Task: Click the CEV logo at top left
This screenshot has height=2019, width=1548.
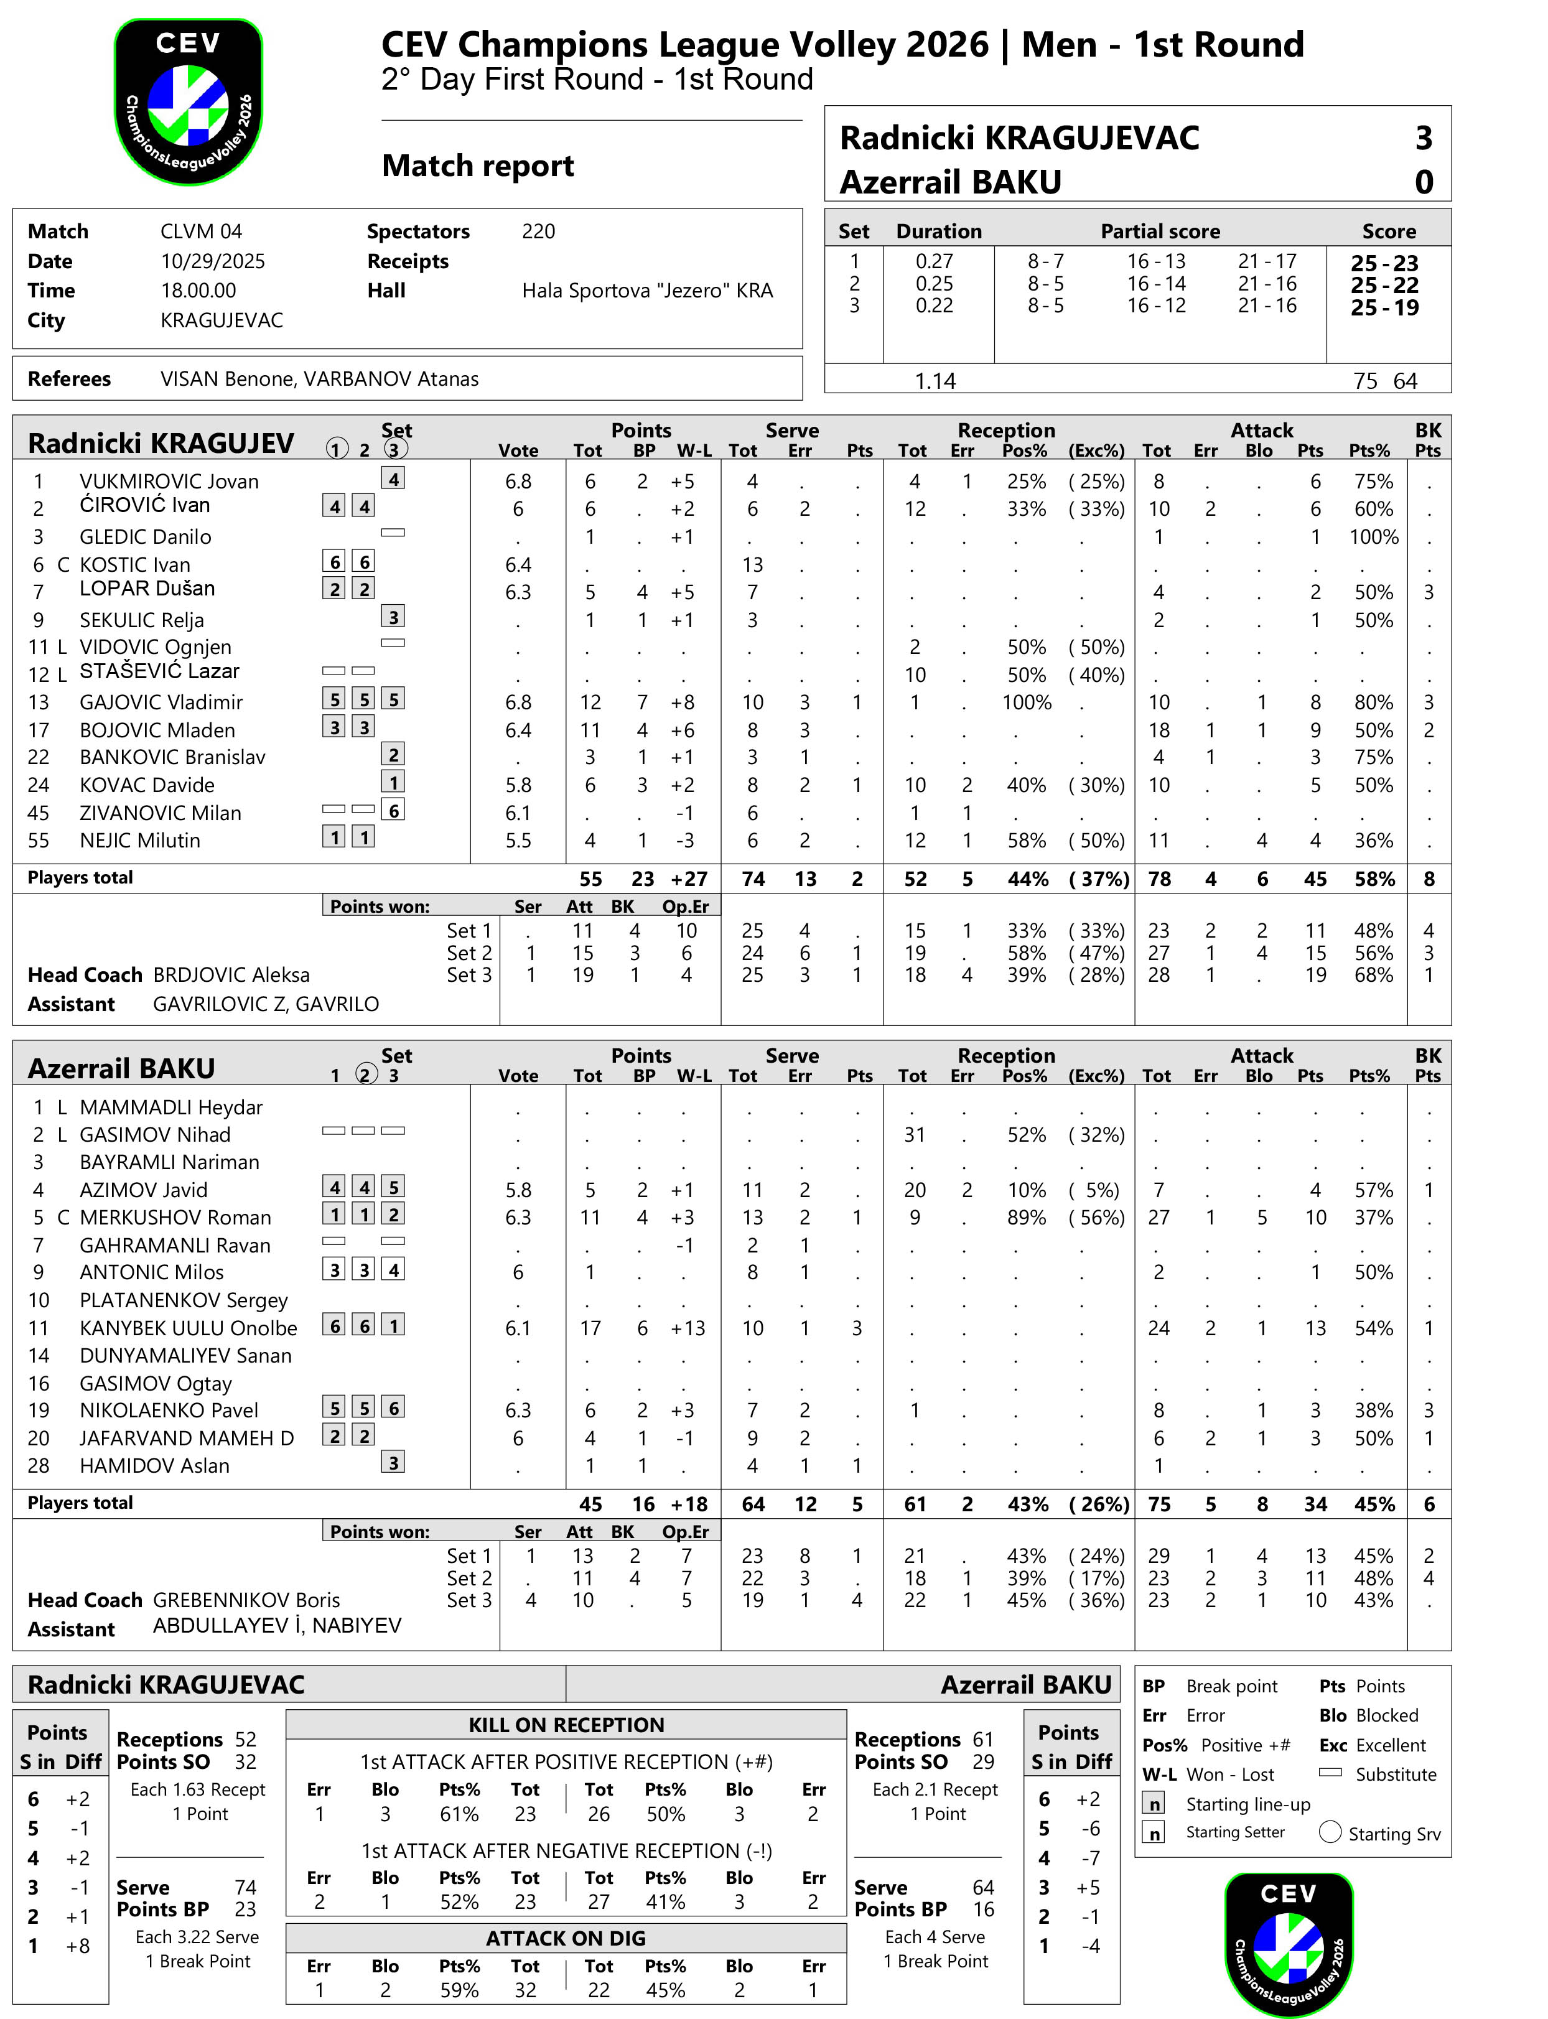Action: pyautogui.click(x=189, y=101)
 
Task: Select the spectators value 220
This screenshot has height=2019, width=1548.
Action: pyautogui.click(x=538, y=231)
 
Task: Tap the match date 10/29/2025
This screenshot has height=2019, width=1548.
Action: pyautogui.click(x=213, y=261)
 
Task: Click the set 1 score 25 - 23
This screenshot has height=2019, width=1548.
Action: pyautogui.click(x=1384, y=263)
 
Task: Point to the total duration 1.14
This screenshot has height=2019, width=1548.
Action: pyautogui.click(x=935, y=381)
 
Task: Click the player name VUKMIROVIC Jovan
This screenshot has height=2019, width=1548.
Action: pyautogui.click(x=169, y=481)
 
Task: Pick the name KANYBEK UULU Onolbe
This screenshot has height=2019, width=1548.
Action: pyautogui.click(x=188, y=1328)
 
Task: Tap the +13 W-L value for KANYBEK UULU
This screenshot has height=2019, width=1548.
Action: pyautogui.click(x=688, y=1328)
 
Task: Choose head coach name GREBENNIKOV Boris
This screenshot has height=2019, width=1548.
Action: pyautogui.click(x=246, y=1600)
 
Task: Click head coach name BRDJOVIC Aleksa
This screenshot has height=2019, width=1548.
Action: pyautogui.click(x=231, y=975)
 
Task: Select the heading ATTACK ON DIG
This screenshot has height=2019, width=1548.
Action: pyautogui.click(x=566, y=1938)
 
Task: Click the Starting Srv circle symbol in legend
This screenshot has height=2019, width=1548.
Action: pyautogui.click(x=1330, y=1832)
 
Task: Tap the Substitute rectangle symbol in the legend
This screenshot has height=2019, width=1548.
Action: pyautogui.click(x=1330, y=1772)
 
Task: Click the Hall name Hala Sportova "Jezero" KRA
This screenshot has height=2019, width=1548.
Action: pyautogui.click(x=647, y=291)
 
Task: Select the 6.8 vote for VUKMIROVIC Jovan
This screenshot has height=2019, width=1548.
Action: pyautogui.click(x=518, y=481)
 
